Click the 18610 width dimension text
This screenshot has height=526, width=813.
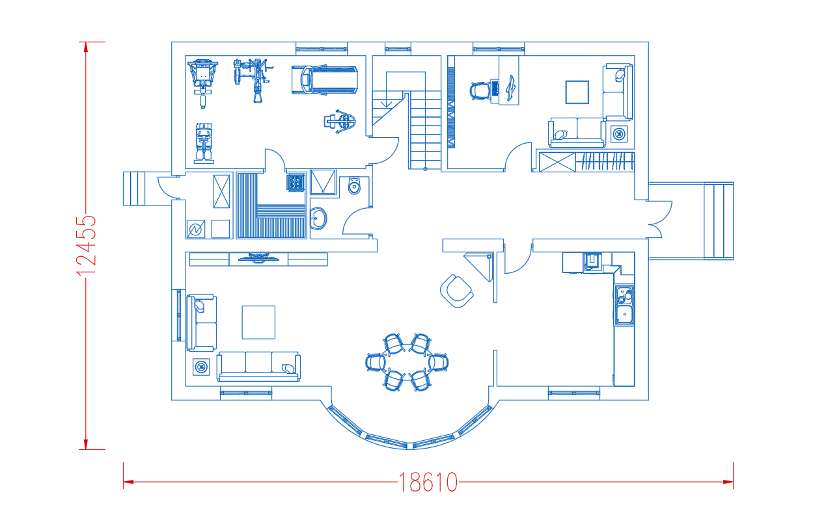pos(428,482)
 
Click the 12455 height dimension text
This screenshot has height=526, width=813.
pos(86,246)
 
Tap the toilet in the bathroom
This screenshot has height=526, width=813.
pos(354,185)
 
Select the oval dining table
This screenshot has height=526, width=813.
pos(407,362)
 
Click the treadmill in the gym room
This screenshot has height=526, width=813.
pos(324,80)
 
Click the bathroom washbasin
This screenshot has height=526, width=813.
pos(319,218)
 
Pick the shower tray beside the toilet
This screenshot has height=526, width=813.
pos(323,182)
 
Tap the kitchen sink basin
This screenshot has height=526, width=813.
pos(624,314)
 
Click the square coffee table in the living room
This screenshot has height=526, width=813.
pos(258,322)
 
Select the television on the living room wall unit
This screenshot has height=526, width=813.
pos(259,257)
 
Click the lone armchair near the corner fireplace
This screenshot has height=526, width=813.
pos(456,291)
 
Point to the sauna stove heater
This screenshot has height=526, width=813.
pos(296,182)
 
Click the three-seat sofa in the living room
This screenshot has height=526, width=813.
pos(258,366)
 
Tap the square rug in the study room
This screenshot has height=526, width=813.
pos(577,92)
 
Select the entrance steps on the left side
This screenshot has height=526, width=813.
pos(134,189)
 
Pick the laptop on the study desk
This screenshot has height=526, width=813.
pos(512,88)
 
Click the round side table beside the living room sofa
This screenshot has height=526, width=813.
pos(200,367)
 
